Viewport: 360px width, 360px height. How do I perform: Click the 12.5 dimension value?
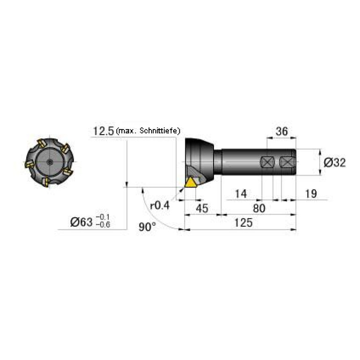103,131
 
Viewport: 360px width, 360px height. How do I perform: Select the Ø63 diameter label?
82,222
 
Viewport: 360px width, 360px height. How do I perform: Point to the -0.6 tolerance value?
103,225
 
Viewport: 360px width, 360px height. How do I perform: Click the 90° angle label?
147,227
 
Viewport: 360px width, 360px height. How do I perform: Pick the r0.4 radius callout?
160,205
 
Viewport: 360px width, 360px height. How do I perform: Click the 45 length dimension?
202,208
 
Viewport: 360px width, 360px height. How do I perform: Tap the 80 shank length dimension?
259,208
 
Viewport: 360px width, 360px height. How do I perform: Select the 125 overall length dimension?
244,222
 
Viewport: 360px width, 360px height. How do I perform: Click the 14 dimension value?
241,194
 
